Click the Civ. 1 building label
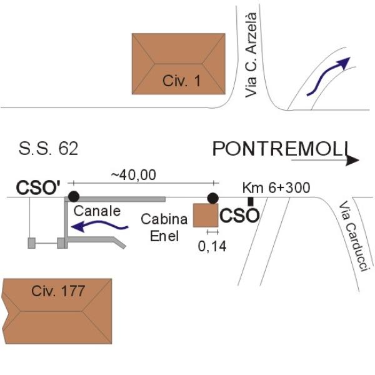coord(180,81)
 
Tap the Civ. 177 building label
coord(58,291)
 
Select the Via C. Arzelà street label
coord(252,54)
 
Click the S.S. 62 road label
coord(49,149)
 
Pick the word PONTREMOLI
coord(279,149)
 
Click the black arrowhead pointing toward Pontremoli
coord(353,161)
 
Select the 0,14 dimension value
coord(212,246)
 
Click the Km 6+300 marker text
coord(276,187)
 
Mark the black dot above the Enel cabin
coord(213,198)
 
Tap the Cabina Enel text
coord(164,227)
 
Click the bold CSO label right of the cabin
coord(239,217)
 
